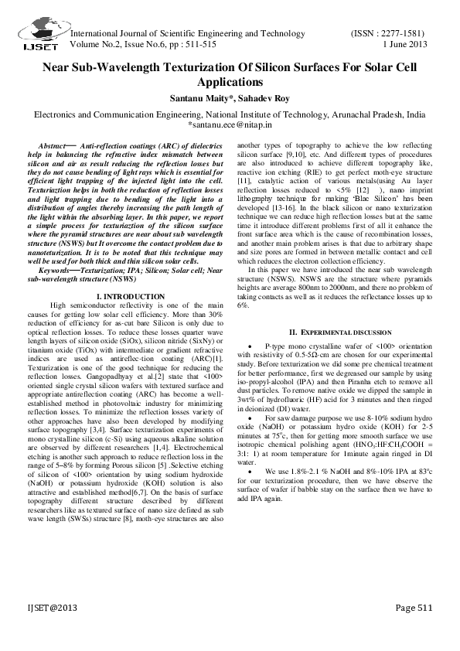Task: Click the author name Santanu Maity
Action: [199, 98]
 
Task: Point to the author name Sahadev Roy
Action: [264, 98]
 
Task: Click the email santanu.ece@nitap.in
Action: [230, 124]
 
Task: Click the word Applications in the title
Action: [230, 82]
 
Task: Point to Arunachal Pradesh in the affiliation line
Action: [366, 113]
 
